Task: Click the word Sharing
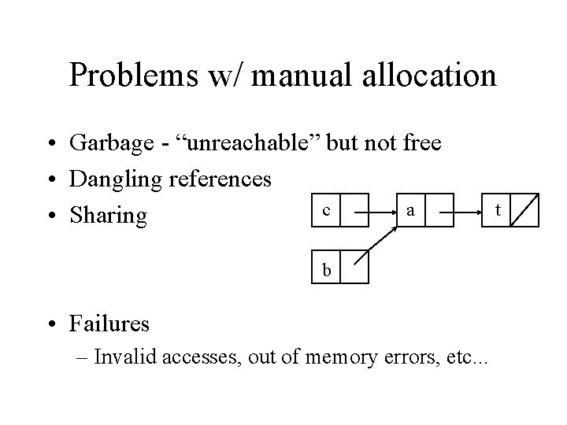108,216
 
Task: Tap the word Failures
109,323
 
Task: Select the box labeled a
410,211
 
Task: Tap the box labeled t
496,211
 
